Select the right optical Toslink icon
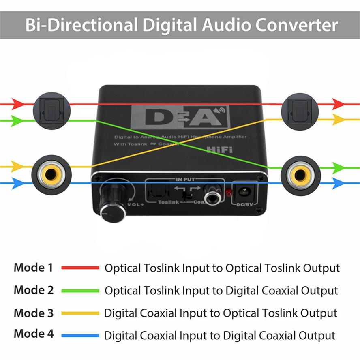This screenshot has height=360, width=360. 300,109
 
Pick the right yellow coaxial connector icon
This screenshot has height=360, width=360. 300,175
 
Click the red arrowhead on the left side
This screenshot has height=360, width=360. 17,104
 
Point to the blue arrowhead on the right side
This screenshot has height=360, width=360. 339,183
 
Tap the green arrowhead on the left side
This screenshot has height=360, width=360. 17,120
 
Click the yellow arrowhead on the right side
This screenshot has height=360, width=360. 339,120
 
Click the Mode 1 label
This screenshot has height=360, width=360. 33,268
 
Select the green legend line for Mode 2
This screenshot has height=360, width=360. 80,291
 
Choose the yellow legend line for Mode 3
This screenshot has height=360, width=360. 80,313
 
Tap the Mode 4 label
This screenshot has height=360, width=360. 33,334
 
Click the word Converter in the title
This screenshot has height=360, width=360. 297,25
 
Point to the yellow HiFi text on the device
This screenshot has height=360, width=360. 220,150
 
